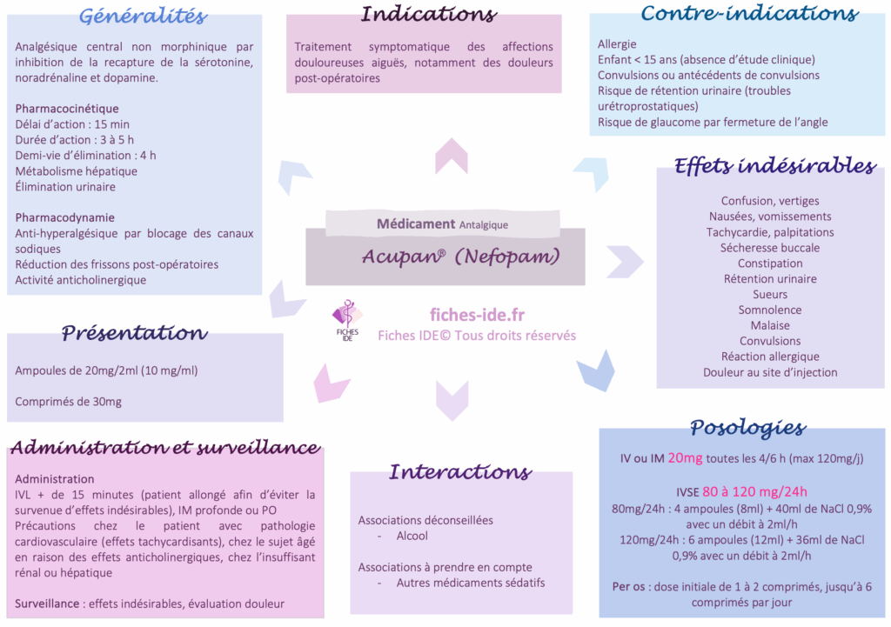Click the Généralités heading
coord(143,16)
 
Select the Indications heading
coord(428,14)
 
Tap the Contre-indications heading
coord(749,13)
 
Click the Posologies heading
coord(747,427)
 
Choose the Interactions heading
coord(459,472)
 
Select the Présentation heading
coord(134,333)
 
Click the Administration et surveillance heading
coord(164,448)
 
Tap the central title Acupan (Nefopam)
coord(460,257)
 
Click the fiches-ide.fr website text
coord(477,316)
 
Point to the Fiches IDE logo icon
coord(347,317)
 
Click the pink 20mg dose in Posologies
coord(685,458)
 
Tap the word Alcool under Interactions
coord(412,536)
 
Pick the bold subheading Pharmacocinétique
coord(67,109)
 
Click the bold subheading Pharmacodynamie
coord(65,217)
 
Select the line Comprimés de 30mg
coord(69,401)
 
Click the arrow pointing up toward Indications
coord(452,156)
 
